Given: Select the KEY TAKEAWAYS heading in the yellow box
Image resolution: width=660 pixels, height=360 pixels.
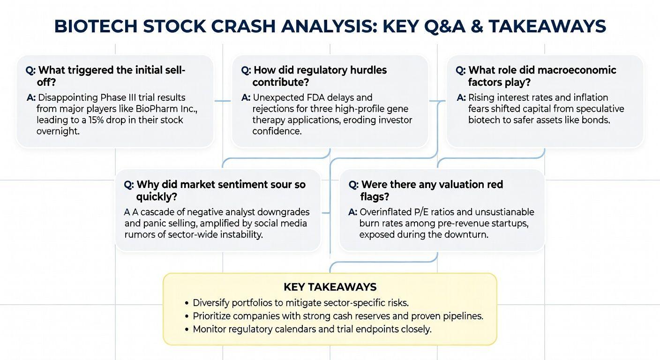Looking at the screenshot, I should tap(330, 287).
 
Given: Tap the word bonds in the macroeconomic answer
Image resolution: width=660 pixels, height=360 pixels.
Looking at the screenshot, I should tap(595, 120).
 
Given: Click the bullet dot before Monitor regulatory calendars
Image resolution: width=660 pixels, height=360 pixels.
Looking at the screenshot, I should tap(187, 330).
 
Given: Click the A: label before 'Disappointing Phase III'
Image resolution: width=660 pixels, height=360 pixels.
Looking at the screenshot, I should tap(31, 97).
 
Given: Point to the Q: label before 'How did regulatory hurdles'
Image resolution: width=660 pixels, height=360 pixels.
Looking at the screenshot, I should tap(246, 70).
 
